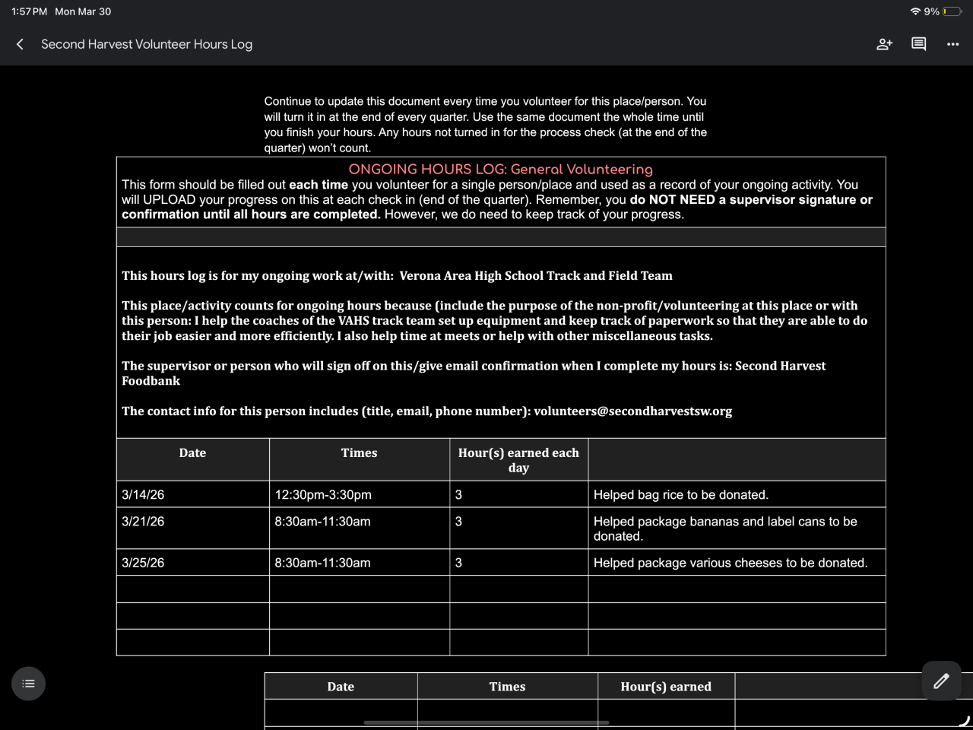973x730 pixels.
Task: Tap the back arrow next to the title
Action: tap(21, 44)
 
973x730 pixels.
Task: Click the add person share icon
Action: tap(884, 44)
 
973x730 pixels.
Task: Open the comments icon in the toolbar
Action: tap(918, 44)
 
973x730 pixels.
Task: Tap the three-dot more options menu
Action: tap(952, 44)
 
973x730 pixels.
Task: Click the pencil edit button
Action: tap(941, 681)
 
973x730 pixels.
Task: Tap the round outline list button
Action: tap(28, 684)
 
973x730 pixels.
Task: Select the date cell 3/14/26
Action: tap(143, 495)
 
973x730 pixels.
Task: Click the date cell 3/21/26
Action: tap(143, 522)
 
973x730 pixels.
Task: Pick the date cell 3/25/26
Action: tap(143, 563)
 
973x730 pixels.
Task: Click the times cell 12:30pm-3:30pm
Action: tap(323, 495)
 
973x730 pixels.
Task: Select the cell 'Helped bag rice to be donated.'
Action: tap(680, 495)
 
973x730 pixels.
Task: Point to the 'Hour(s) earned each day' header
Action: tap(518, 460)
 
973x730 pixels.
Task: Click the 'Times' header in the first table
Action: tap(359, 453)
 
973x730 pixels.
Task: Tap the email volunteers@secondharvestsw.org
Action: tap(632, 411)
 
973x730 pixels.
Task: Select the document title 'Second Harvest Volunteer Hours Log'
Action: tap(147, 44)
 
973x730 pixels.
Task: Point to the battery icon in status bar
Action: tap(952, 11)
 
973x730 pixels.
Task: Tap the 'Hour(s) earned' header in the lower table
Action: tap(666, 687)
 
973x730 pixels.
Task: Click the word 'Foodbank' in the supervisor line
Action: tap(151, 381)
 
